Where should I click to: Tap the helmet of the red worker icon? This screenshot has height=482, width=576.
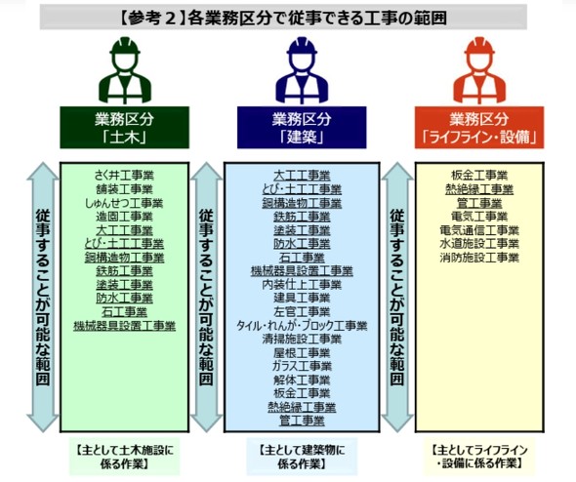pyautogui.click(x=479, y=46)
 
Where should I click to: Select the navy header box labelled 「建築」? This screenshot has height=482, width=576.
pyautogui.click(x=302, y=128)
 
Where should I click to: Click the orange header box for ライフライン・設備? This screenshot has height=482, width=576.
pyautogui.click(x=479, y=128)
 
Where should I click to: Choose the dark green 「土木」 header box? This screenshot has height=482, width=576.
pyautogui.click(x=125, y=128)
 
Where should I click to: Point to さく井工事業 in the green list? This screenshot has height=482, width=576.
pyautogui.click(x=124, y=176)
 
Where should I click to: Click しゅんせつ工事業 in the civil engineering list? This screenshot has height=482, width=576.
pyautogui.click(x=124, y=203)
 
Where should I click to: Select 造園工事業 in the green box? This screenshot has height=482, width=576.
pyautogui.click(x=124, y=217)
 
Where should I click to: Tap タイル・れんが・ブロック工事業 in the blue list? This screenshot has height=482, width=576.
pyautogui.click(x=302, y=326)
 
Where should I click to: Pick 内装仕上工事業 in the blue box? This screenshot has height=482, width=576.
pyautogui.click(x=302, y=285)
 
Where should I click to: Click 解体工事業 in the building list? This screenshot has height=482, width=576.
pyautogui.click(x=302, y=380)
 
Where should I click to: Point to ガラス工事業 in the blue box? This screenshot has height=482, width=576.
pyautogui.click(x=302, y=366)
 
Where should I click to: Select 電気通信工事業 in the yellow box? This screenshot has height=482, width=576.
pyautogui.click(x=479, y=230)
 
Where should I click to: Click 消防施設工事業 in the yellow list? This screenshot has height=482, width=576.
pyautogui.click(x=479, y=258)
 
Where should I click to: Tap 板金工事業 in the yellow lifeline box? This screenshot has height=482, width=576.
pyautogui.click(x=479, y=176)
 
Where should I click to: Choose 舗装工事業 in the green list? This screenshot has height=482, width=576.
pyautogui.click(x=124, y=189)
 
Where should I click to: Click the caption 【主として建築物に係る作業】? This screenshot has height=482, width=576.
pyautogui.click(x=302, y=457)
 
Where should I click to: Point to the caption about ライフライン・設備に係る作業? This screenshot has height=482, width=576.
pyautogui.click(x=479, y=457)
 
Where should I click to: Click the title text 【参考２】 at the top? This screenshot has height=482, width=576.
pyautogui.click(x=153, y=18)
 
